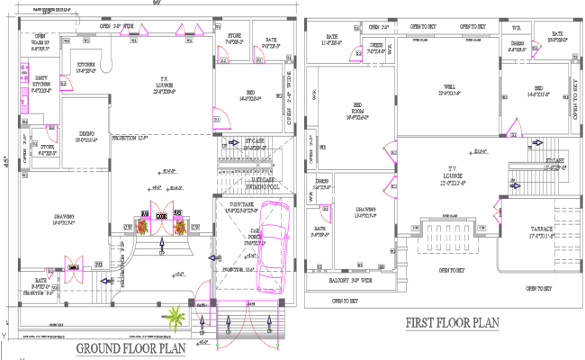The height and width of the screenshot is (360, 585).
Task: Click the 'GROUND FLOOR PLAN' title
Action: [132, 347]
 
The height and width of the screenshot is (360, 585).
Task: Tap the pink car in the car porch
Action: [271, 247]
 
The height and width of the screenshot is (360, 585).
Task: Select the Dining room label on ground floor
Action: [85, 137]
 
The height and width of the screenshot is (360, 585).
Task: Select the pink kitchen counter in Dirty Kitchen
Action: [31, 94]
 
